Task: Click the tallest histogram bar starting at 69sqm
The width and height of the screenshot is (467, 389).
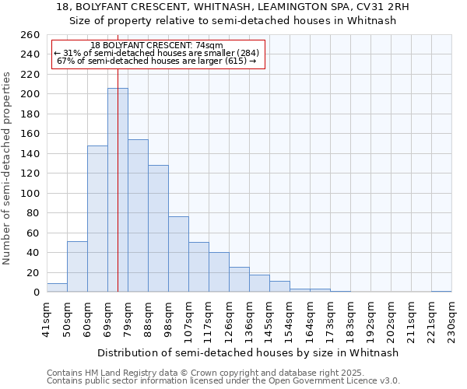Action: [x=118, y=191]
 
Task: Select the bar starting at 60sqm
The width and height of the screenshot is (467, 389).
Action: [x=97, y=219]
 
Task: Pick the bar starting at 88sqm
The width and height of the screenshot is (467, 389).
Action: [x=158, y=229]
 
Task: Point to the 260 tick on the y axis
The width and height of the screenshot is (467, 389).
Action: [x=30, y=35]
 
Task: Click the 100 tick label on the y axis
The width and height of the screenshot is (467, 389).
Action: [x=30, y=194]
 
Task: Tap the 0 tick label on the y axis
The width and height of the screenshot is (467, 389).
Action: [x=36, y=293]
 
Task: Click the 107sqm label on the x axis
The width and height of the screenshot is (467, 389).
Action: [x=189, y=320]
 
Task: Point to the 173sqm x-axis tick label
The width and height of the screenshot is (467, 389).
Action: [x=331, y=320]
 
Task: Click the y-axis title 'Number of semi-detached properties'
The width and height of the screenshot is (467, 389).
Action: [x=8, y=168]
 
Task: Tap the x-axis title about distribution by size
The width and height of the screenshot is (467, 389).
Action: [x=249, y=352]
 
